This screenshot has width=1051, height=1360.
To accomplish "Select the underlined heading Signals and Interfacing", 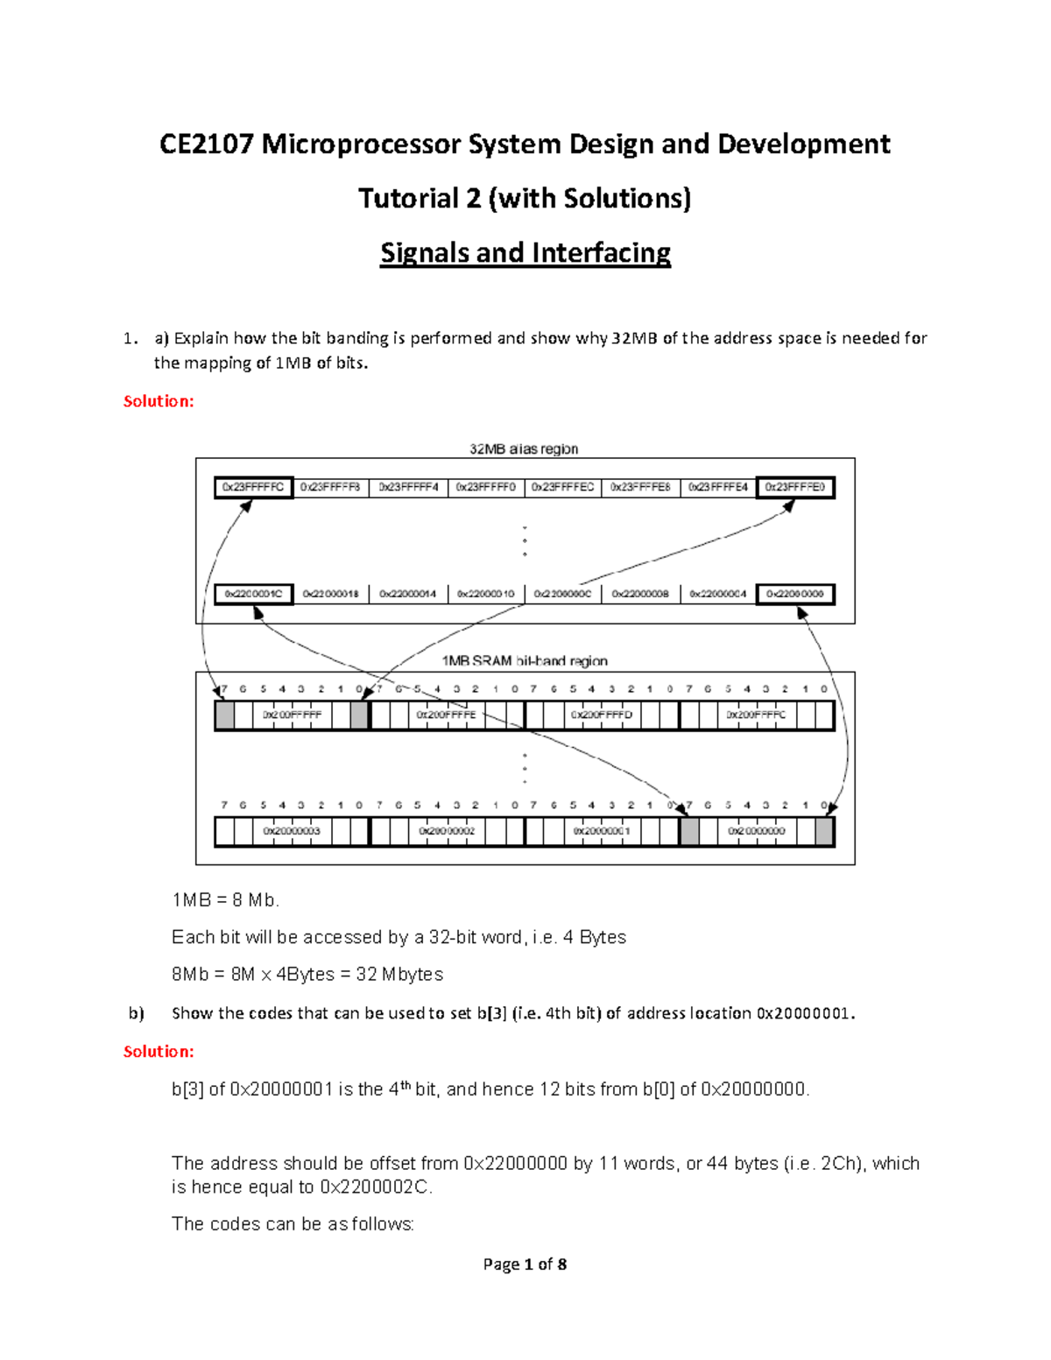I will click(x=525, y=253).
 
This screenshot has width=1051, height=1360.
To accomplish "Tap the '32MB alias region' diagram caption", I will click(x=524, y=449).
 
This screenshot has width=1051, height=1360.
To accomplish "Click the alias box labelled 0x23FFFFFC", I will click(x=253, y=487).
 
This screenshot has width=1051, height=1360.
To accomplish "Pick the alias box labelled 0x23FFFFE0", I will click(x=795, y=487).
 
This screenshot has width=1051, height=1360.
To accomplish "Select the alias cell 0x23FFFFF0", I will click(x=485, y=487).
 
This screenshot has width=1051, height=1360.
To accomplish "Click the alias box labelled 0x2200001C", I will click(x=253, y=594).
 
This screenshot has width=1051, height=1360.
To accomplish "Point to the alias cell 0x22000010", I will click(x=485, y=594).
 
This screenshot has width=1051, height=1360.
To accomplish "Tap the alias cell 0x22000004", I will click(x=717, y=594).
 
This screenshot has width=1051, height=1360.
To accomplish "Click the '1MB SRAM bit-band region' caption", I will click(x=524, y=661).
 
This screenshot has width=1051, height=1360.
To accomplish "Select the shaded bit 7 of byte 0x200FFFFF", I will click(x=225, y=715).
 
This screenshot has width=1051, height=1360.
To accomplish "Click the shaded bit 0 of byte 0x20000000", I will click(x=824, y=831).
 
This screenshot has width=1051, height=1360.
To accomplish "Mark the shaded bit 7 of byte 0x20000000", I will click(x=689, y=831).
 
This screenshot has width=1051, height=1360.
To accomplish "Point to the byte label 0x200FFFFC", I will click(x=756, y=715).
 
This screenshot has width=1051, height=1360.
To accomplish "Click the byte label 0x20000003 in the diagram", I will click(x=292, y=830).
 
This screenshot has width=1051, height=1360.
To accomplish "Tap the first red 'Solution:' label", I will click(x=159, y=401).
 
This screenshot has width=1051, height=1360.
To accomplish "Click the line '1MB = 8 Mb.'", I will click(x=226, y=900).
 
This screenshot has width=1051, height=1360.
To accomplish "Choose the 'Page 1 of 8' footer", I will click(x=525, y=1264).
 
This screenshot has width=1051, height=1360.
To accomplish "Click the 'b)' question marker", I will click(x=136, y=1013).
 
